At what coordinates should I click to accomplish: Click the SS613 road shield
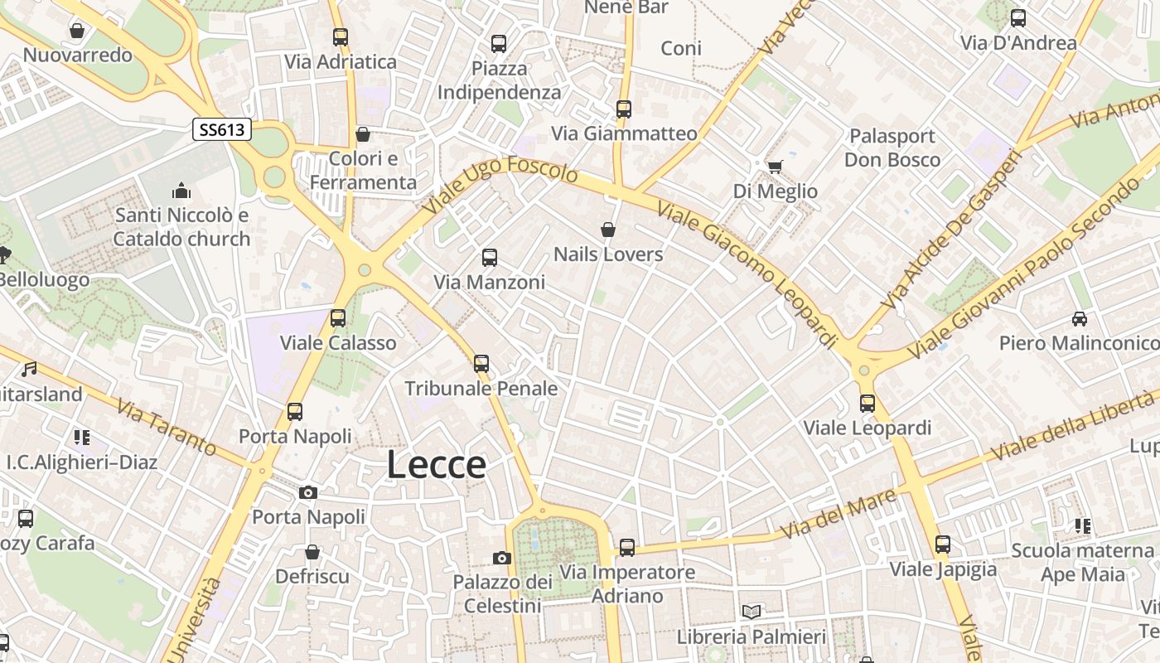tap(222, 129)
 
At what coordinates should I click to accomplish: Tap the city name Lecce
tap(436, 465)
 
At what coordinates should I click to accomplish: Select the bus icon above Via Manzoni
tap(490, 258)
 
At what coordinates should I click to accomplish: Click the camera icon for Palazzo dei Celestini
tap(501, 558)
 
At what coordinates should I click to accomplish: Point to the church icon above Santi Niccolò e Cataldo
tap(181, 191)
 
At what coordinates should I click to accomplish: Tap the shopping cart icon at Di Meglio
tap(775, 167)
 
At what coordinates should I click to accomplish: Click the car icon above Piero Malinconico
tap(1079, 318)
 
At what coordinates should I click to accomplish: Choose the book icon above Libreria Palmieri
tap(752, 612)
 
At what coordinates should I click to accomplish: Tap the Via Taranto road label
tap(167, 428)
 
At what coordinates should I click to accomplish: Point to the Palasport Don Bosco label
tap(892, 148)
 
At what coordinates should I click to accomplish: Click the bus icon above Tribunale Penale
tap(481, 363)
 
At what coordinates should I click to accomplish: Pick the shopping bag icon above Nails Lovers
tap(608, 230)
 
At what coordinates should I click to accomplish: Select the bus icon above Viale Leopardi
tap(868, 404)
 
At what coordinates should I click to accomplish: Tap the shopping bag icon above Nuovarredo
tap(77, 31)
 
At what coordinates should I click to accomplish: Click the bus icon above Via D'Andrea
tap(1018, 18)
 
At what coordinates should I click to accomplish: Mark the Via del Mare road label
tap(839, 513)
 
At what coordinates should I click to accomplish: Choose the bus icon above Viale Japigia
tap(943, 544)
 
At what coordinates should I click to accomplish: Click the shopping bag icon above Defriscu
tap(312, 552)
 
